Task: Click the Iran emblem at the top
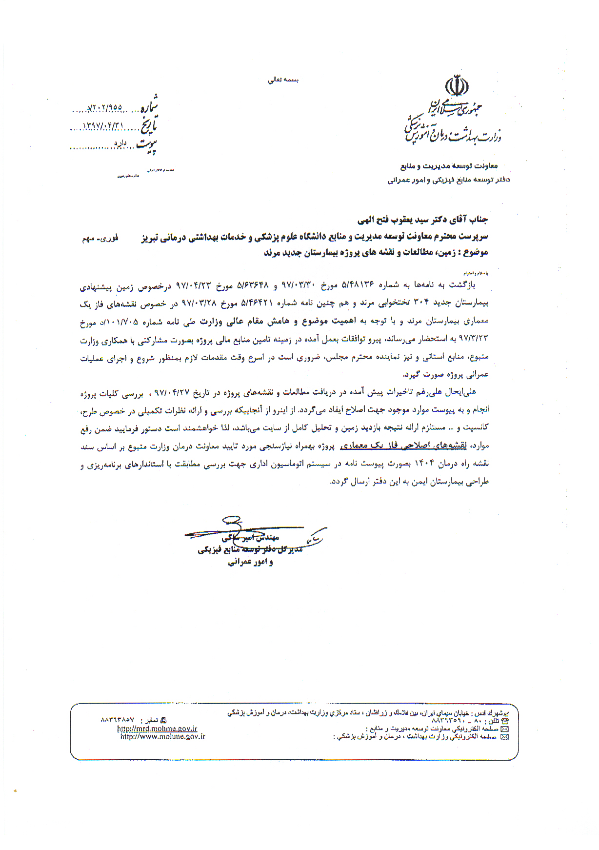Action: pos(457,86)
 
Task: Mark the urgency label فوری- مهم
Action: pos(100,239)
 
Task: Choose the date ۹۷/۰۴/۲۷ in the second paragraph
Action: pos(171,393)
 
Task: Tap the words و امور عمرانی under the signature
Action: pos(250,562)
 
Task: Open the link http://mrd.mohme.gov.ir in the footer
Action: pos(157,729)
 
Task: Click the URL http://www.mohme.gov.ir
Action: pos(162,737)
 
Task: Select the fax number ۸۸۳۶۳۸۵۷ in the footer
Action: pos(118,720)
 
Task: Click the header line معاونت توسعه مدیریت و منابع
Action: pos(449,166)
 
